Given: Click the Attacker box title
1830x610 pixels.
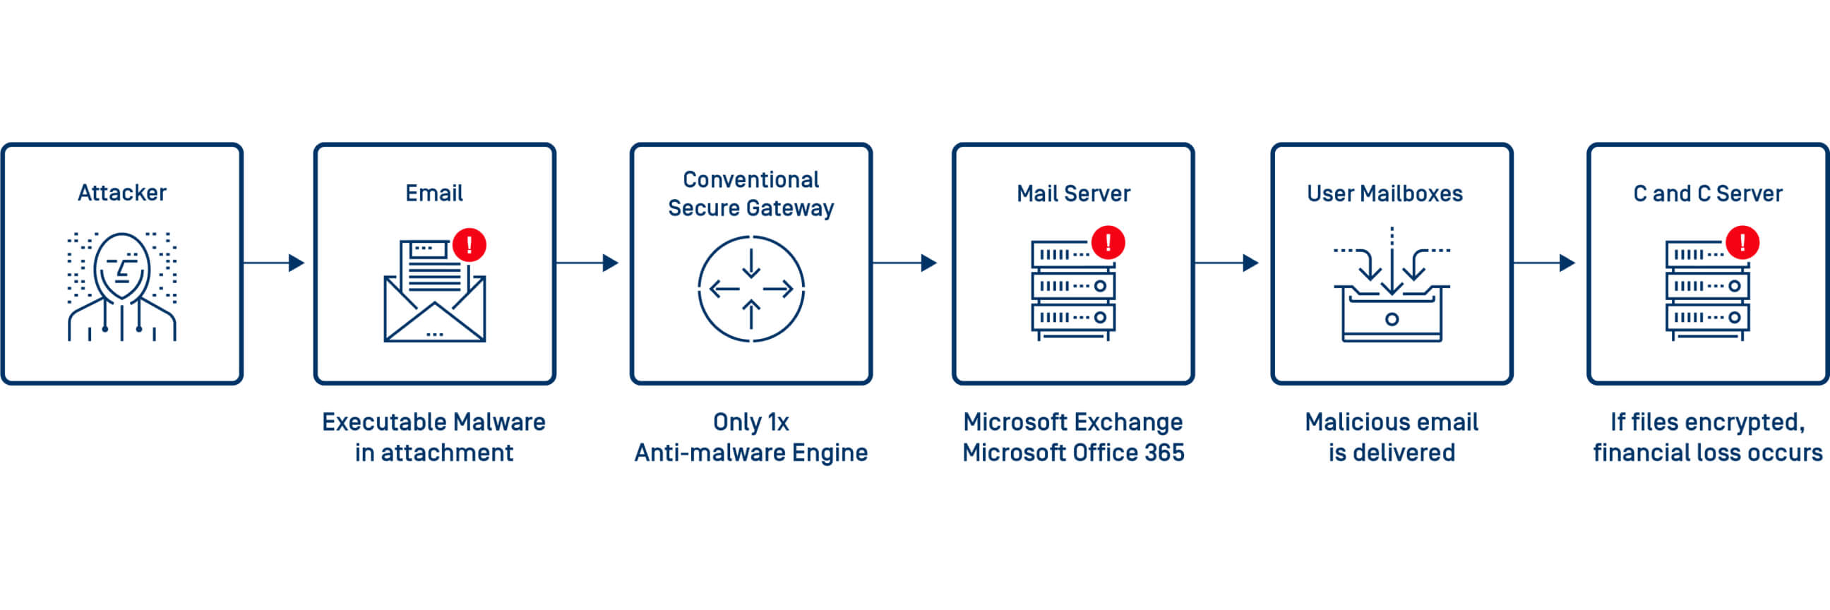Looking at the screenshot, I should [x=122, y=193].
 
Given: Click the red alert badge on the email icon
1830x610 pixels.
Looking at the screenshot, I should [x=469, y=245].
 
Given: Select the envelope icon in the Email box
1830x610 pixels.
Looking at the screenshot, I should [x=434, y=306].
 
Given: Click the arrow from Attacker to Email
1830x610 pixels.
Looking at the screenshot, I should [x=273, y=263].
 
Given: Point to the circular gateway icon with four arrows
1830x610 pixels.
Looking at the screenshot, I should [x=751, y=288].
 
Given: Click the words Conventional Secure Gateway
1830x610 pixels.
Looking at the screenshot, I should [x=751, y=193].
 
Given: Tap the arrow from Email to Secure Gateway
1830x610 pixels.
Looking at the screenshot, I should [x=587, y=263].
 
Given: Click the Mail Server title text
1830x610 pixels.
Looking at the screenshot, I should [x=1072, y=193].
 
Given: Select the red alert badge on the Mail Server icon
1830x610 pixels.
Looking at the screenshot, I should [x=1108, y=243].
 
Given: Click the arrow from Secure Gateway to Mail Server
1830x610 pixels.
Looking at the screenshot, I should [x=904, y=263].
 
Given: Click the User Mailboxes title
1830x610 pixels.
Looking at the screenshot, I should [x=1385, y=193].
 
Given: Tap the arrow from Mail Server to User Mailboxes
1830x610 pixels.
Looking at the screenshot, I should [x=1226, y=263].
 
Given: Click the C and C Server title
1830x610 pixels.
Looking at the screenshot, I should [x=1708, y=193].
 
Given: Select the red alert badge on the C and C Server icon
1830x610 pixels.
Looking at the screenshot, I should [x=1742, y=243].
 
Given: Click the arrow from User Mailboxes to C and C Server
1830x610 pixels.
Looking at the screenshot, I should [x=1543, y=263].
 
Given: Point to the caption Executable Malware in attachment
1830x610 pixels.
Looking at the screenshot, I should [x=434, y=437].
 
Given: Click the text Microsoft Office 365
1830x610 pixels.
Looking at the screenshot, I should [x=1072, y=453].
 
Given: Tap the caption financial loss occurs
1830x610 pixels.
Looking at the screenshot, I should [x=1708, y=453].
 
